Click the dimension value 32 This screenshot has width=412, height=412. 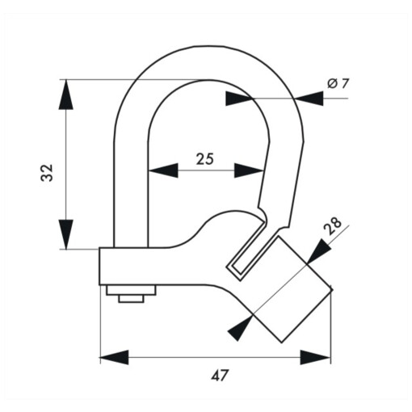47,173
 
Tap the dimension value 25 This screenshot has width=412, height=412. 204,159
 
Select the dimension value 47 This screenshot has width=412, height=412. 220,375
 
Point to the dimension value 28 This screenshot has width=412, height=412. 333,225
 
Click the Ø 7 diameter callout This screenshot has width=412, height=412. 338,84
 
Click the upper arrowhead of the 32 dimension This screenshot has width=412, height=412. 65,95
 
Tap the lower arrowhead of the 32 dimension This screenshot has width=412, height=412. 65,234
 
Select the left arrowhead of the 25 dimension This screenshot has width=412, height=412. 163,170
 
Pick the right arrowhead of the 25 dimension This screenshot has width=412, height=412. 249,170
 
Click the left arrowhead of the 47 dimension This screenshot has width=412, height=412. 114,357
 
